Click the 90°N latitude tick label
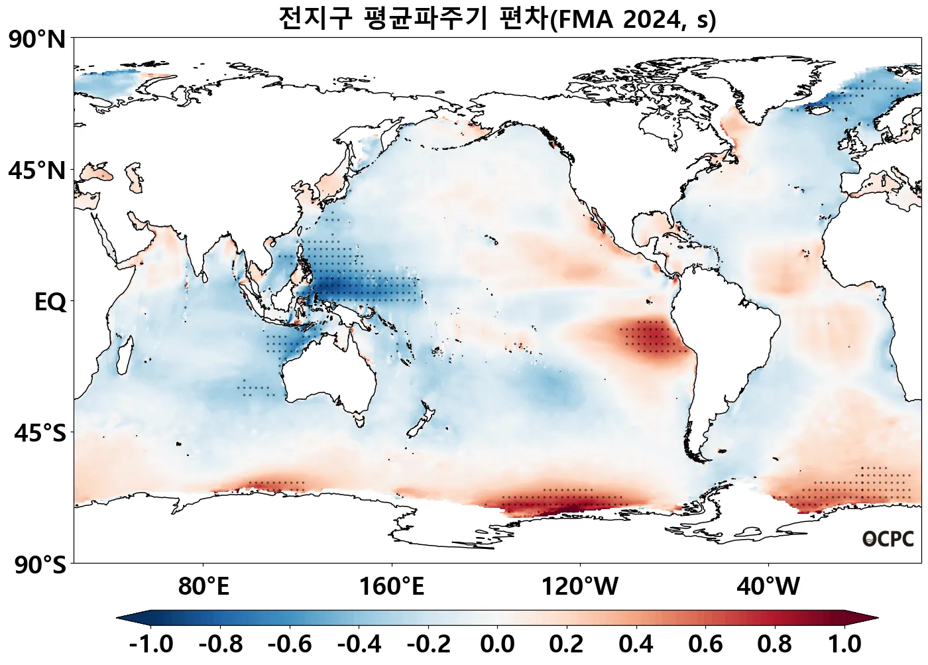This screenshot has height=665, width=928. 38,40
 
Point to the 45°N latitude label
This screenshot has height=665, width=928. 38,171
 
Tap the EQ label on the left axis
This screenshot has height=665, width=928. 50,302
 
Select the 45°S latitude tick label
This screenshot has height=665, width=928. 40,434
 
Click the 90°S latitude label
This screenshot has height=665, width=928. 40,565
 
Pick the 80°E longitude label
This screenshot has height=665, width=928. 203,586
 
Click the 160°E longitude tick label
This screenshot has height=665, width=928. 392,586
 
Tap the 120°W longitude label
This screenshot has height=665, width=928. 580,586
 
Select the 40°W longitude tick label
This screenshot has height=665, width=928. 768,586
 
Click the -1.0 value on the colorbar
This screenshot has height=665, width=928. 151,644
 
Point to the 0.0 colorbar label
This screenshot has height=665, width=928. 498,644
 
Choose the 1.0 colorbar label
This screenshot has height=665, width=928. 845,644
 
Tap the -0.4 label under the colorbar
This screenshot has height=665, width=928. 359,644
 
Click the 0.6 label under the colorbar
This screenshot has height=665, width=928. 706,644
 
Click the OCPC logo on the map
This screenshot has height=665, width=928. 888,539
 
